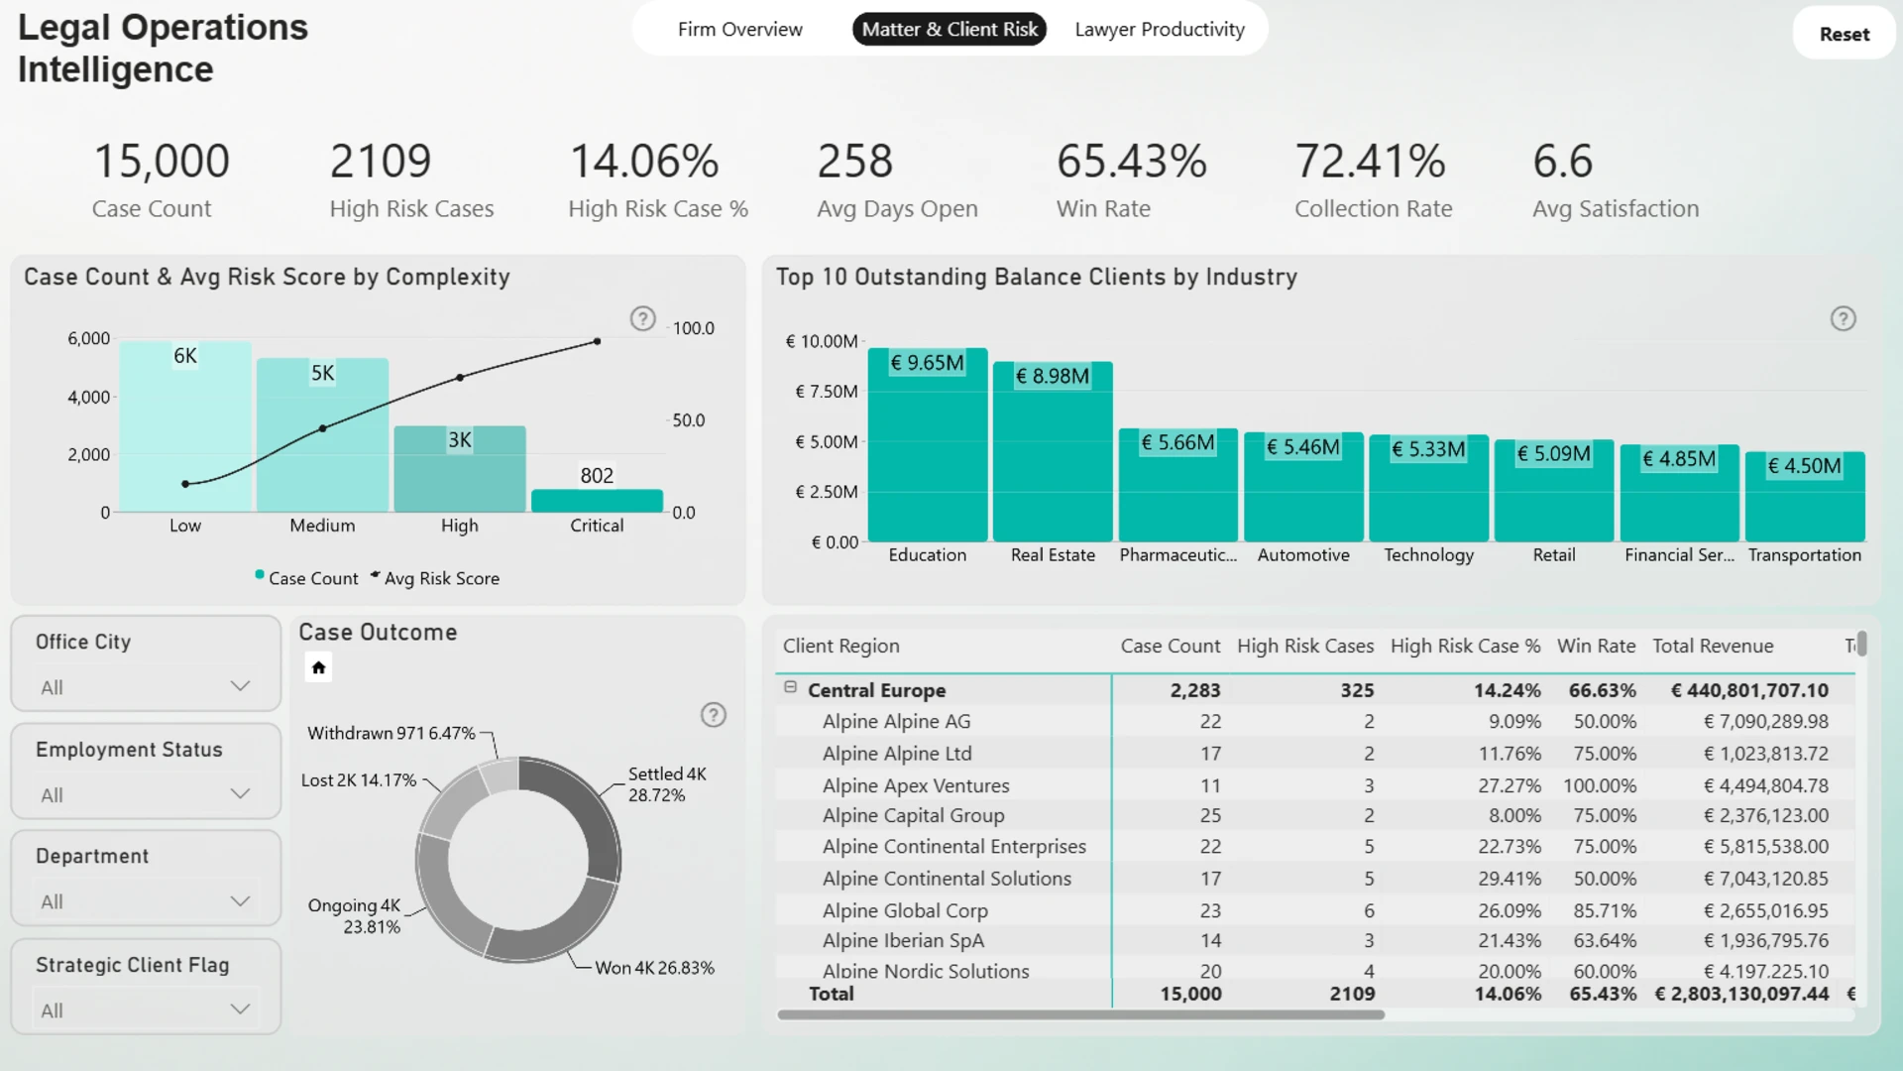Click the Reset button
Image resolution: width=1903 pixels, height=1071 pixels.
1844,34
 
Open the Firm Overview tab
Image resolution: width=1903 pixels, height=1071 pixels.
740,30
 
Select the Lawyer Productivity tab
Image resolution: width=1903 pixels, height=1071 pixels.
1160,30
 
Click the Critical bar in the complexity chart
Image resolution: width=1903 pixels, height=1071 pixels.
597,501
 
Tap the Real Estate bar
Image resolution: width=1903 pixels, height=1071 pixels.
1053,451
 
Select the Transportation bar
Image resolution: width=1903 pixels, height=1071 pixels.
1805,497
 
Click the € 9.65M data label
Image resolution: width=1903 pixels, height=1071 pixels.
927,363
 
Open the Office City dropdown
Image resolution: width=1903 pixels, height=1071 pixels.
146,686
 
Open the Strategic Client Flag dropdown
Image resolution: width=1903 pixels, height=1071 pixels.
146,1010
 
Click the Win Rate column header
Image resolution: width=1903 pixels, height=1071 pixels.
1596,646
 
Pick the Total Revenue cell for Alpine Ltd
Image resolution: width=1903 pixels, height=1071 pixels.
1765,754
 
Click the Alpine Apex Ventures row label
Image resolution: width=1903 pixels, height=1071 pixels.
916,785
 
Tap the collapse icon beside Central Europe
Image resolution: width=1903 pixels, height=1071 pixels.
790,687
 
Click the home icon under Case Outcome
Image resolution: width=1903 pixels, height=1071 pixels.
318,667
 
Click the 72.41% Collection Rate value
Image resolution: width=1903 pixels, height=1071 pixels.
1370,161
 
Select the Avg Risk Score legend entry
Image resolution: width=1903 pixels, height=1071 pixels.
435,578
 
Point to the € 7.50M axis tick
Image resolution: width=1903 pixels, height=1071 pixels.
827,392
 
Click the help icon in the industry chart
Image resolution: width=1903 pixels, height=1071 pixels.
1843,319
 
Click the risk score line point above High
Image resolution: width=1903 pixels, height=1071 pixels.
460,378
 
